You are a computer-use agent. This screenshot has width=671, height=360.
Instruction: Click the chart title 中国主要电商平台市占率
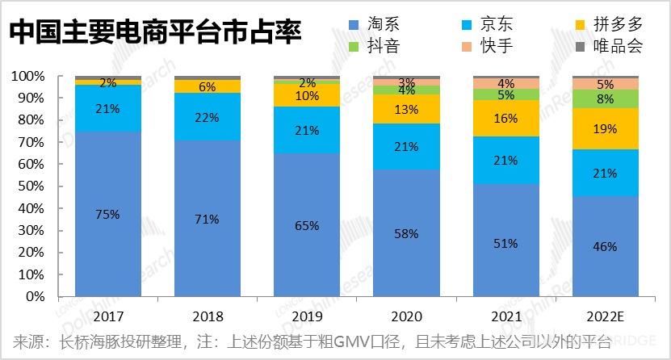pyautogui.click(x=154, y=34)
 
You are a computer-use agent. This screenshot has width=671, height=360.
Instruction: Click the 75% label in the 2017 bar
pyautogui.click(x=107, y=214)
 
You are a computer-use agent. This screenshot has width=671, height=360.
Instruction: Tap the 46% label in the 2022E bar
pyautogui.click(x=605, y=246)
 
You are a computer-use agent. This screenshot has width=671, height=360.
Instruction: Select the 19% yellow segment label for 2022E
pyautogui.click(x=605, y=128)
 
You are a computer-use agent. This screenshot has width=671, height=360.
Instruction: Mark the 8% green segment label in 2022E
pyautogui.click(x=605, y=98)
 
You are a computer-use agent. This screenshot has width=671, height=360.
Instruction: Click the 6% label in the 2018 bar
pyautogui.click(x=207, y=86)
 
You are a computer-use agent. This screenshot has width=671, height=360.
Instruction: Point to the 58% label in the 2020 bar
pyautogui.click(x=406, y=233)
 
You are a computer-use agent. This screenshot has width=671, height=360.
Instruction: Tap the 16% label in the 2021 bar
pyautogui.click(x=505, y=119)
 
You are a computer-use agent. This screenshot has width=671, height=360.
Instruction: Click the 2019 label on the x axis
pyautogui.click(x=307, y=316)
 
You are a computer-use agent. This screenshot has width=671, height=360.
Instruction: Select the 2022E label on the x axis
pyautogui.click(x=605, y=316)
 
